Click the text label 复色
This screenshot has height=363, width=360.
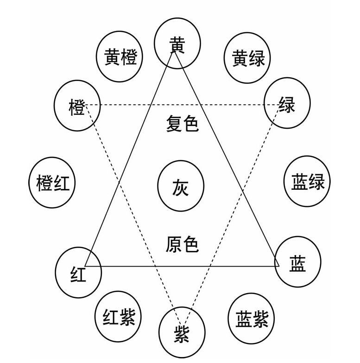tap(183, 124)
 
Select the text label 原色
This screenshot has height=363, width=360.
tap(182, 244)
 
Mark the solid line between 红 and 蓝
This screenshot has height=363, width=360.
tap(182, 266)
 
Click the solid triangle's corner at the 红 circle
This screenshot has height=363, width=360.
tap(85, 266)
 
